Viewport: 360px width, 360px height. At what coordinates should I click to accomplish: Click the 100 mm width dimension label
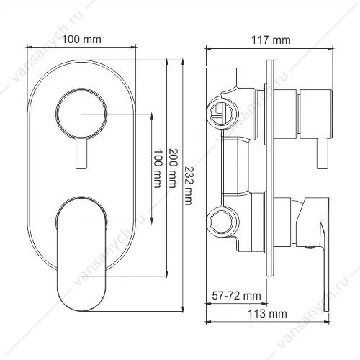pyautogui.click(x=81, y=40)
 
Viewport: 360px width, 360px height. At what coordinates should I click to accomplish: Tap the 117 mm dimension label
pyautogui.click(x=271, y=40)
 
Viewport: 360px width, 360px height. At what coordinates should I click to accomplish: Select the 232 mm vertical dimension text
pyautogui.click(x=189, y=186)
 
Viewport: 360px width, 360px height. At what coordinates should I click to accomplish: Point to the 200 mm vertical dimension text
pyautogui.click(x=172, y=168)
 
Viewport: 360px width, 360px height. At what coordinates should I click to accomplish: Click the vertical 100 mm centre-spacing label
pyautogui.click(x=157, y=168)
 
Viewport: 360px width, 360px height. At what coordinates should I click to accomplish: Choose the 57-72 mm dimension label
pyautogui.click(x=236, y=295)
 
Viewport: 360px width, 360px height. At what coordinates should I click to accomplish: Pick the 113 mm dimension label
pyautogui.click(x=267, y=314)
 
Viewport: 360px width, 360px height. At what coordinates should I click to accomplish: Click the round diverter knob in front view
pyautogui.click(x=81, y=114)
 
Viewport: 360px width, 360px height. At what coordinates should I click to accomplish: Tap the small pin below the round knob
pyautogui.click(x=81, y=153)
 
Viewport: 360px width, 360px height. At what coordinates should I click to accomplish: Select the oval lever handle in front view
pyautogui.click(x=81, y=253)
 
